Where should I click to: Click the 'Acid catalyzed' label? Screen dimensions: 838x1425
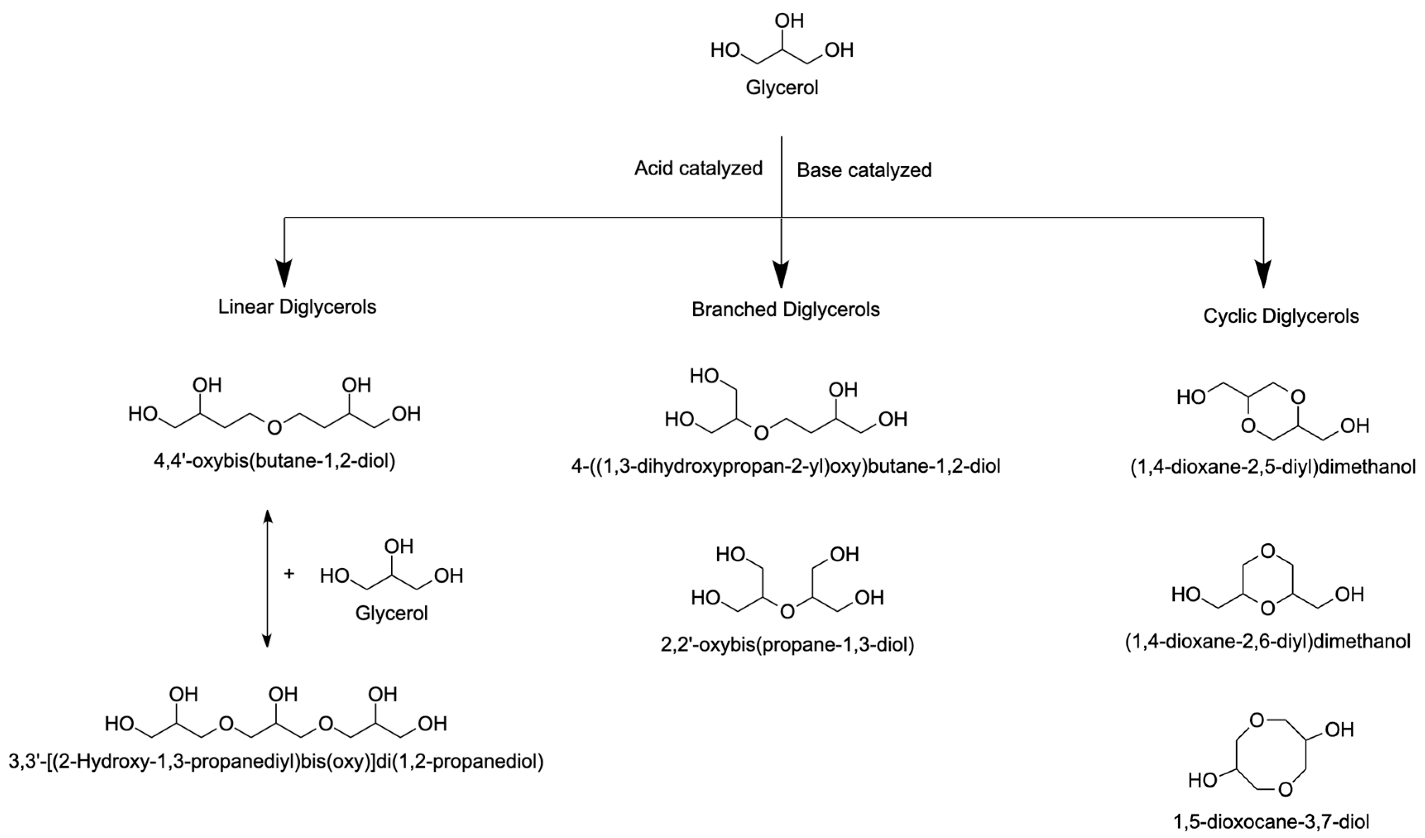coord(698,168)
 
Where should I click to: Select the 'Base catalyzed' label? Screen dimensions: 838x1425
coord(864,170)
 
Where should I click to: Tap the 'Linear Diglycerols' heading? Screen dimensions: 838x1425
coord(297,307)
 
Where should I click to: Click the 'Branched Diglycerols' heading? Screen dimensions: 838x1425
coord(786,309)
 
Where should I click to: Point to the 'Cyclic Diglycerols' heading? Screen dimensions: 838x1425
coord(1281,316)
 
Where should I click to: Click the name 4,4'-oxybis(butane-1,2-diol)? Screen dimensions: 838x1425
coord(274,462)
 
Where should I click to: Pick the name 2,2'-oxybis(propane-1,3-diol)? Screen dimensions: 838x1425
coord(787,644)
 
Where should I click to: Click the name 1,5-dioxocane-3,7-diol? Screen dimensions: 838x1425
coord(1271,821)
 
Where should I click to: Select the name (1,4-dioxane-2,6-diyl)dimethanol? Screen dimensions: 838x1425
coord(1267,641)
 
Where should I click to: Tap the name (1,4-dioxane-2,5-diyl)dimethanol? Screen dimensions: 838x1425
coord(1273,467)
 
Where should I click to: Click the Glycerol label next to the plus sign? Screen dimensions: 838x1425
coord(391,613)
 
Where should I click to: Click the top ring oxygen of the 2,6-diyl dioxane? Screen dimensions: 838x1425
coord(1268,550)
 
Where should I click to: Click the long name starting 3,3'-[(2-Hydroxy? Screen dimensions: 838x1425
coord(276,761)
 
